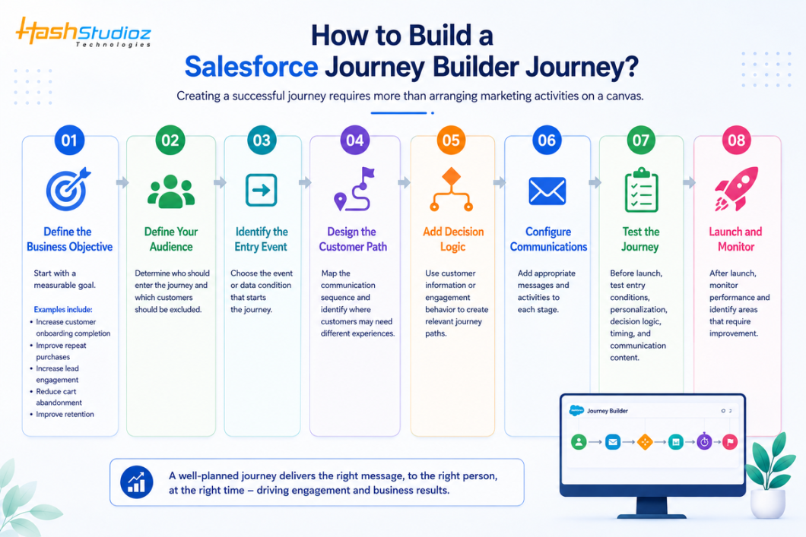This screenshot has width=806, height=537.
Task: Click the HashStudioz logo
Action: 84,33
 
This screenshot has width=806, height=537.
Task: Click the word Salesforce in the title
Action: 252,67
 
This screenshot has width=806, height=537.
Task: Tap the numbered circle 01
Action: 69,141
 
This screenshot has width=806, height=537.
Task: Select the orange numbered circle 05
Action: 451,141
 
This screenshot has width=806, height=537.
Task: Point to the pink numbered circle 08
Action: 737,141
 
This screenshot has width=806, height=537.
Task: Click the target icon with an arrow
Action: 68,189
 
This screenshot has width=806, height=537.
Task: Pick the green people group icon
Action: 171,191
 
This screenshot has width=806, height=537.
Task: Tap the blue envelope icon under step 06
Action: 547,191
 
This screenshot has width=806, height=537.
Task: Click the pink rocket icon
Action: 736,189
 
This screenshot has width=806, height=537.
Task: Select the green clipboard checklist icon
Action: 642,190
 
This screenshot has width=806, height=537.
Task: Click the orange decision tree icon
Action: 452,189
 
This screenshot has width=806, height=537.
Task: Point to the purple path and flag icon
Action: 354,189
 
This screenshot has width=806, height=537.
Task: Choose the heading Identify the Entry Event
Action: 261,239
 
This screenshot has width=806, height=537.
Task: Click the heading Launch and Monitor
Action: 735,239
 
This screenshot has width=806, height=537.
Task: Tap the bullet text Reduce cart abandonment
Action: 59,396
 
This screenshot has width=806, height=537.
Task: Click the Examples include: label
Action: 63,310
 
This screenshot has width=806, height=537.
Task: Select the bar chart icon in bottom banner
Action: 137,482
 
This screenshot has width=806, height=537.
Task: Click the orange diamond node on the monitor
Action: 645,441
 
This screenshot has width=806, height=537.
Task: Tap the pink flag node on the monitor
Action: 730,441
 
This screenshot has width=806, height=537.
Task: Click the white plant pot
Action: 767,503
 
